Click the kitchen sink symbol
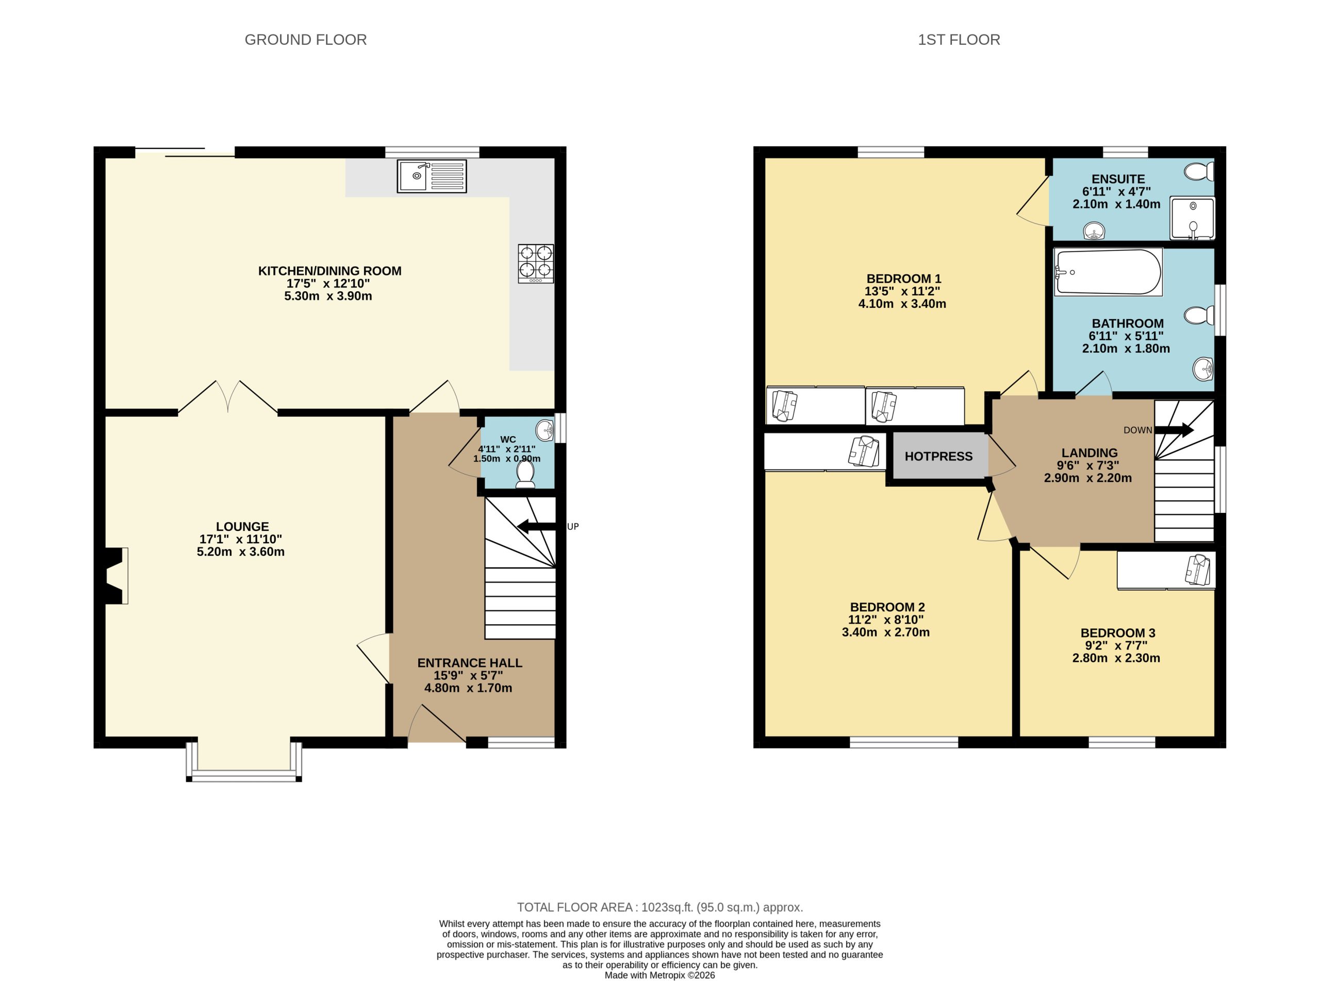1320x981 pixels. coord(432,176)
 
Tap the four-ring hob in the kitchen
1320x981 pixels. coord(536,263)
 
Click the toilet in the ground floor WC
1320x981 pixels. coord(525,474)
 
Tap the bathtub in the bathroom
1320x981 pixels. coord(1108,273)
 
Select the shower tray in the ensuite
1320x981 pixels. coord(1192,219)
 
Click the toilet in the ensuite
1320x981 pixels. coord(1199,172)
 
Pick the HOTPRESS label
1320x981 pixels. coord(938,456)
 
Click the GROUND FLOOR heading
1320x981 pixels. coord(305,40)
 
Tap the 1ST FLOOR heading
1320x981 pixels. coord(959,40)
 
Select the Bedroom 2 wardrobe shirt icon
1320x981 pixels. coord(863,451)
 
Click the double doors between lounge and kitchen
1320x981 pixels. coord(228,396)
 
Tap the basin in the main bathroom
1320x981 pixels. coord(1202,369)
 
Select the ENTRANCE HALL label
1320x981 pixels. coord(469,663)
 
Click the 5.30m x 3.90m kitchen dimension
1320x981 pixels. coord(328,296)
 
